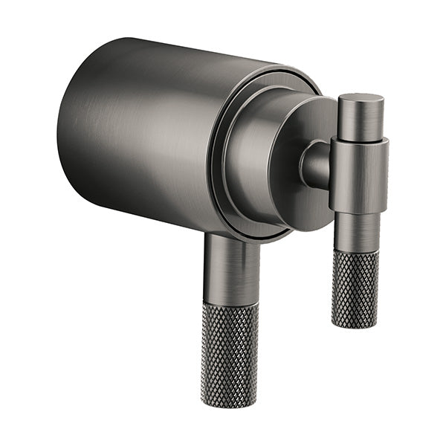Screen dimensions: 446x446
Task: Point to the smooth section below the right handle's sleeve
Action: point(356,230)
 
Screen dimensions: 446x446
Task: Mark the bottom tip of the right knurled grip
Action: point(353,326)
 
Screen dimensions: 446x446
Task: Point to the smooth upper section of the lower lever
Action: point(232,271)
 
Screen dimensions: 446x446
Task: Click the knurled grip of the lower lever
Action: point(230,349)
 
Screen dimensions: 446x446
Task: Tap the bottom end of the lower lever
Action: point(229,404)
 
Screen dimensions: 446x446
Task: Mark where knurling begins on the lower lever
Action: point(231,305)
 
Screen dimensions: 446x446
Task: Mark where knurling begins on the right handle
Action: point(355,252)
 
